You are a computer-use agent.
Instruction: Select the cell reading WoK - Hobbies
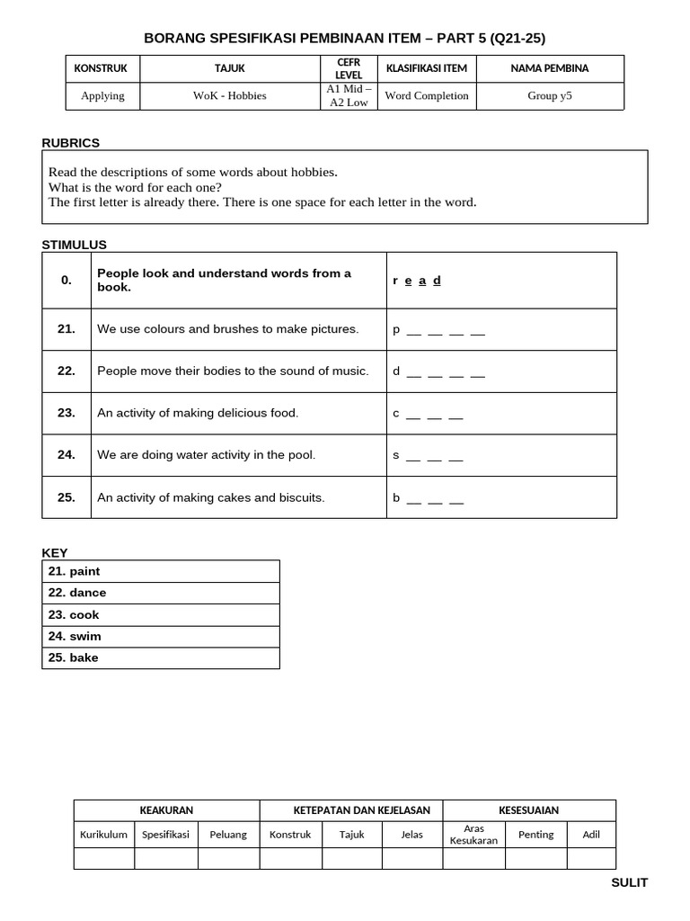[229, 95]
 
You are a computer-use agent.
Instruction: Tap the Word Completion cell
[427, 95]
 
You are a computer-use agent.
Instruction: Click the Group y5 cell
[549, 95]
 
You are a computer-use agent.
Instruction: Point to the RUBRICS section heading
[71, 143]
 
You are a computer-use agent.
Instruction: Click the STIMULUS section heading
[75, 245]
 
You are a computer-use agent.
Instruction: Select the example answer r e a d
[417, 281]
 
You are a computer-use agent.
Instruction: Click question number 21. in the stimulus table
[66, 329]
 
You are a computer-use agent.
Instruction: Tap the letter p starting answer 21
[396, 330]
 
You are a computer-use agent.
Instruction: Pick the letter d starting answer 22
[396, 371]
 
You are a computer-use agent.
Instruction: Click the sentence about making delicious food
[198, 413]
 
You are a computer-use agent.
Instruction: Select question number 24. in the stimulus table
[66, 455]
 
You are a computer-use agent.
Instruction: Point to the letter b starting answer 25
[396, 497]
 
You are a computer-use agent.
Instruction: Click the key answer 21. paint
[75, 571]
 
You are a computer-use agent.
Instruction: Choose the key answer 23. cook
[75, 615]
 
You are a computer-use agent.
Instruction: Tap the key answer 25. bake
[74, 657]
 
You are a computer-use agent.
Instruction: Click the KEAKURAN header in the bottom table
[166, 810]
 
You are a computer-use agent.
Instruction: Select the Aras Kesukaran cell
[473, 834]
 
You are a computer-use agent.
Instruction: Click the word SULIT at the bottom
[629, 882]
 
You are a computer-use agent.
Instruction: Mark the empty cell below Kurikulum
[104, 858]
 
